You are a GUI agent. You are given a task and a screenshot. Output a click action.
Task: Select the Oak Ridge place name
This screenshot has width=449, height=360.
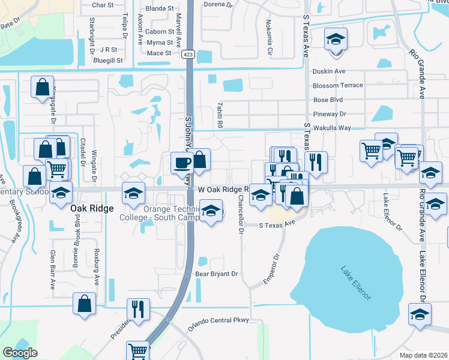91,209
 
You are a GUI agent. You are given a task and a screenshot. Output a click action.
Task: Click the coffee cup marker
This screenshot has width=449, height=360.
182,161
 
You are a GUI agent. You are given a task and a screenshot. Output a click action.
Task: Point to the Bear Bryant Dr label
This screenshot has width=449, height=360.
217,274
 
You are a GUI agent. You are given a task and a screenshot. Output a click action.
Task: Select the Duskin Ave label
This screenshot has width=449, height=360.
329,71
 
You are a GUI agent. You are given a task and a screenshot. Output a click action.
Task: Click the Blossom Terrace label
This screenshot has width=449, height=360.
338,85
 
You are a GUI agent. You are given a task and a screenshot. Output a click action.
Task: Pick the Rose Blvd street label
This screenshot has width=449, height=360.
328,100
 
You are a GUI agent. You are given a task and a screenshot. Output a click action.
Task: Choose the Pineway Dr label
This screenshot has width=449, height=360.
330,113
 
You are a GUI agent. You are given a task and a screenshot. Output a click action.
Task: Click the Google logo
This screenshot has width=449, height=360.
20,353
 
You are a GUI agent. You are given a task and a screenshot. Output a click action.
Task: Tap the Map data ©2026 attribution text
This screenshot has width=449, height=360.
423,355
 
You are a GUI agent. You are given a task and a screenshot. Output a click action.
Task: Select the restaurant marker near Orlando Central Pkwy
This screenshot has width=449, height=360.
138,309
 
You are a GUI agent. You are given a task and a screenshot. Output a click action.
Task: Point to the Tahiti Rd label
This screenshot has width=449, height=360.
221,114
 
